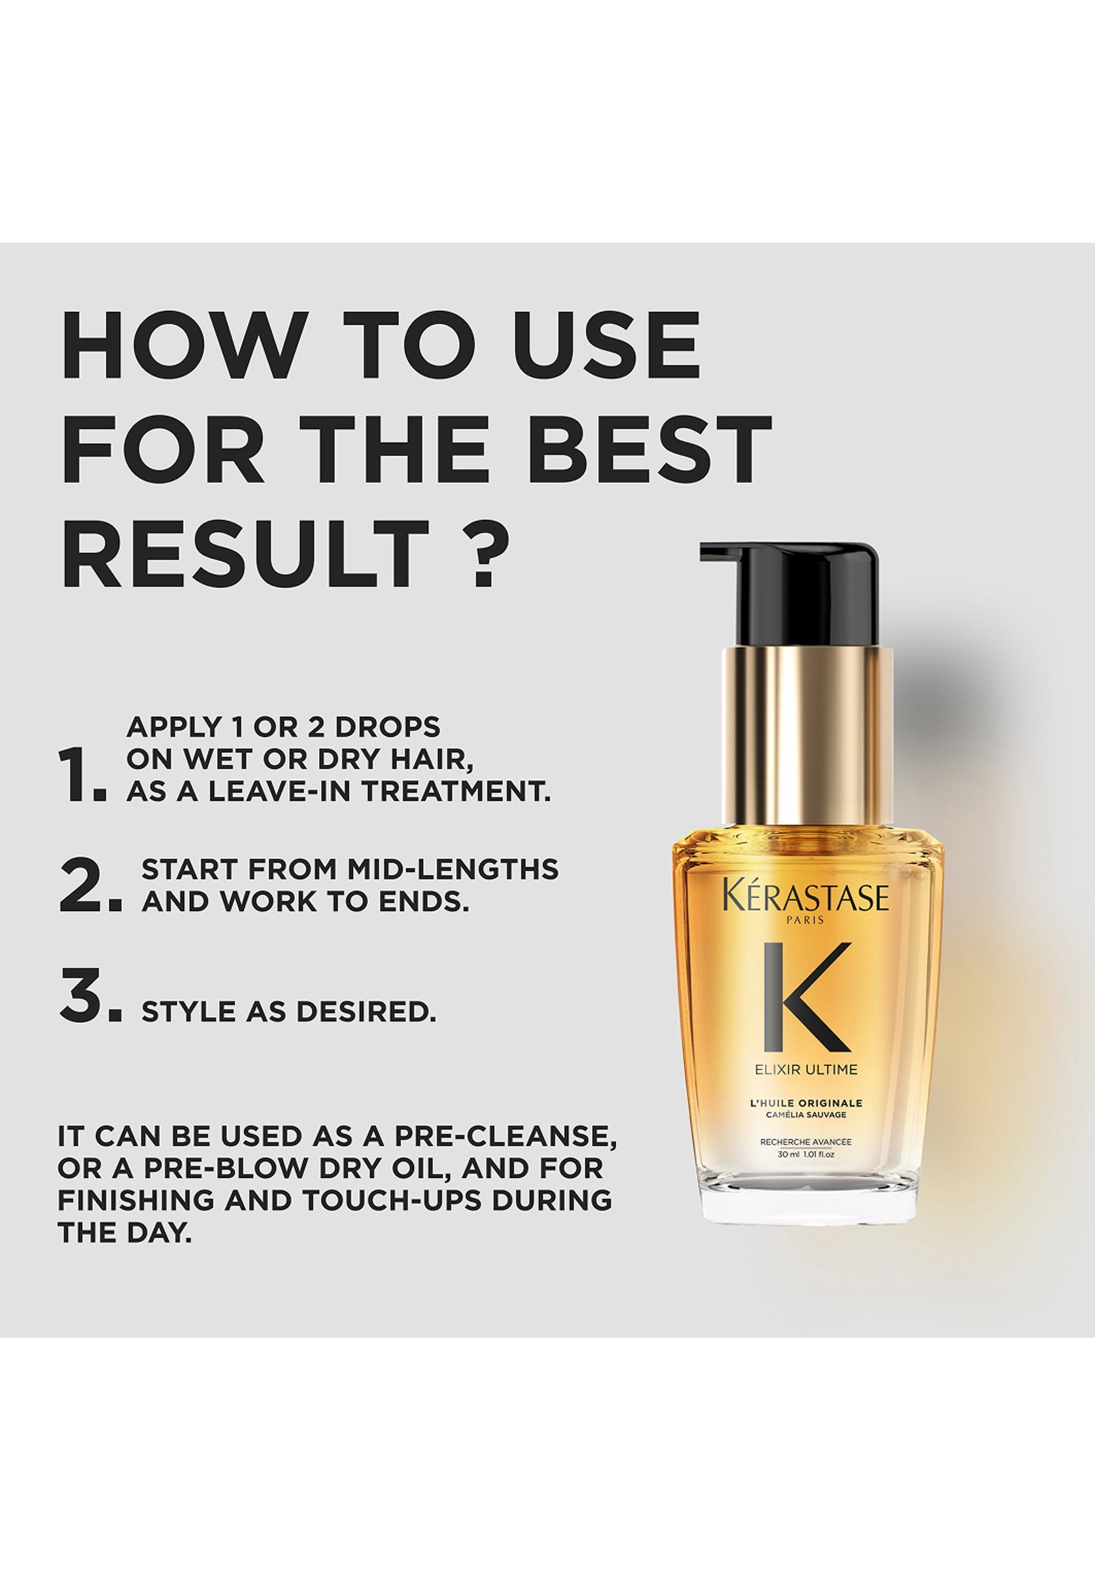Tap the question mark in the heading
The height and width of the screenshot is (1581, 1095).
coord(474,553)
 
